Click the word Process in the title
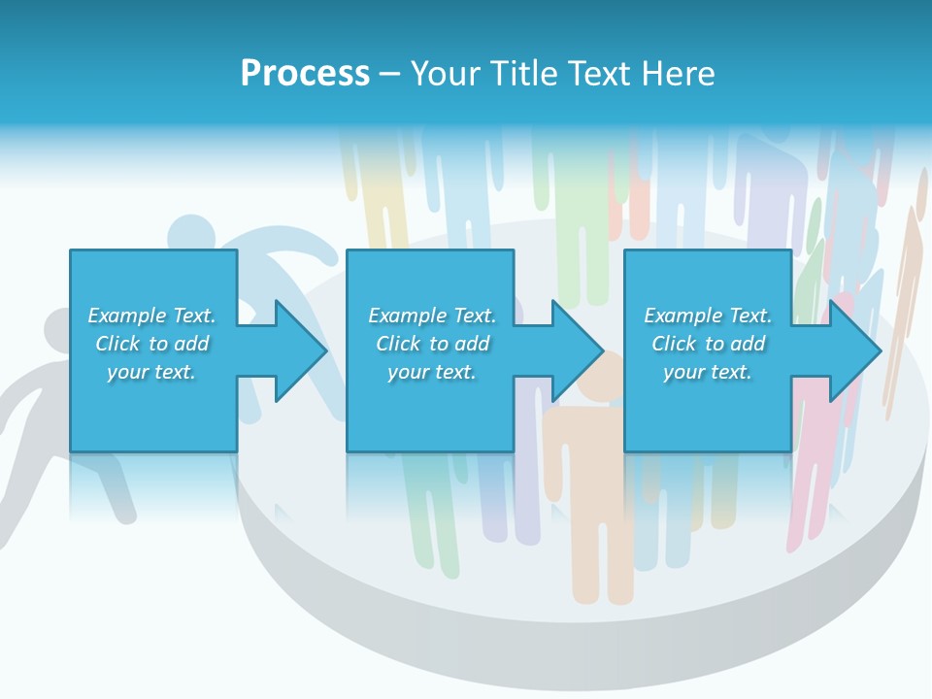pos(305,74)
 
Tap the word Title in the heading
pos(524,74)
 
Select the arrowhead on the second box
pos(577,350)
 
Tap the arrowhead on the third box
pos(853,350)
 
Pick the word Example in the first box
pos(127,316)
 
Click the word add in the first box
pos(192,344)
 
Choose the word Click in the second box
pos(397,344)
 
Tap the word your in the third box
pos(683,372)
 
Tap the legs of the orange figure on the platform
pos(602,553)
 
